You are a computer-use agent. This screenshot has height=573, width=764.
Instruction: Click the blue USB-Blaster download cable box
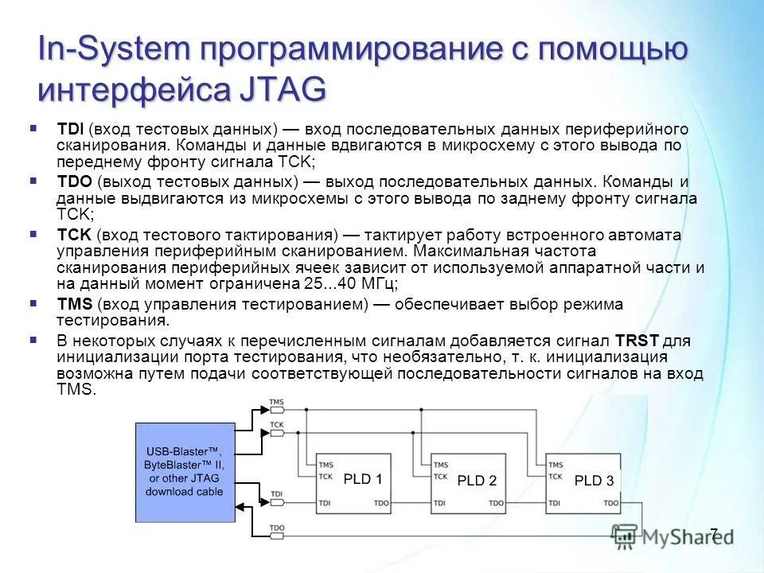click(x=184, y=471)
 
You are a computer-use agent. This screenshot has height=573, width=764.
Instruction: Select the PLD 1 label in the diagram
click(x=363, y=479)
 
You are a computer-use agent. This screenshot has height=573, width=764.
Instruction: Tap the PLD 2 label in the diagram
click(x=477, y=480)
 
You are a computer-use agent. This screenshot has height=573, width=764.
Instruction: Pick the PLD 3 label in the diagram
click(x=594, y=480)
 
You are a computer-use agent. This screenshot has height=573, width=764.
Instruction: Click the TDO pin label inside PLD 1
click(x=382, y=503)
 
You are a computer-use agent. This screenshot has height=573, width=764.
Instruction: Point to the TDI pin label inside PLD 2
click(x=440, y=503)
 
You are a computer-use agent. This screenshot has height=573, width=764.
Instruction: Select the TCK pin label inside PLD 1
click(x=325, y=477)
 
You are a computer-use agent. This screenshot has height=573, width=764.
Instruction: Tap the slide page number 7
click(x=713, y=534)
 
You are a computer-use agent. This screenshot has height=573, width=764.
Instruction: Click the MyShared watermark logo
click(x=672, y=536)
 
